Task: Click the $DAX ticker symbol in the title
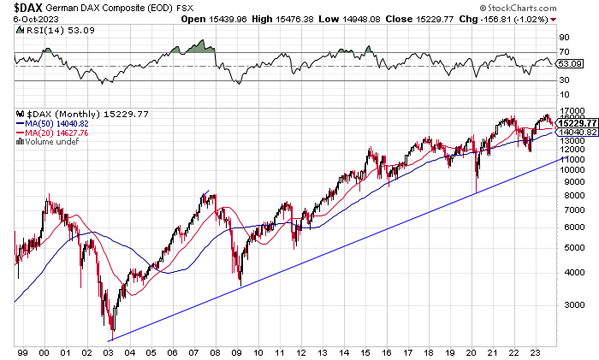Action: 30,7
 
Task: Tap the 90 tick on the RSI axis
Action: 564,38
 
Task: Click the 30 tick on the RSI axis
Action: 564,81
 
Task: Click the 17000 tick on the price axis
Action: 571,111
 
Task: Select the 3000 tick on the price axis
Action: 568,304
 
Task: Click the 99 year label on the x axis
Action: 23,351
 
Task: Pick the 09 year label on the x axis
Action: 238,351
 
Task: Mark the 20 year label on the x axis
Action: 473,351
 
